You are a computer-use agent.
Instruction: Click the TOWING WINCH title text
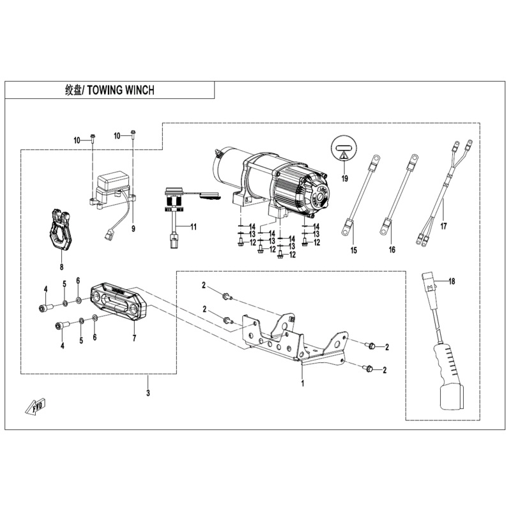pos(110,91)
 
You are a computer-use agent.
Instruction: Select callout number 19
pos(344,178)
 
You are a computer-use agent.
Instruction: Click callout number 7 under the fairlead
pos(134,338)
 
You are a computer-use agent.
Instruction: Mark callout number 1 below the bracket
pos(303,385)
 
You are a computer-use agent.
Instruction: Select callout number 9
pos(133,228)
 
